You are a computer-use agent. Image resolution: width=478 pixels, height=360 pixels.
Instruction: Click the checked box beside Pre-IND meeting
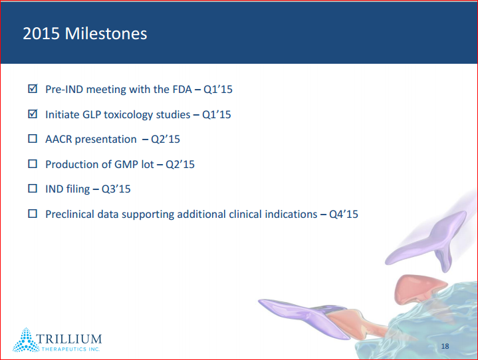pos(33,88)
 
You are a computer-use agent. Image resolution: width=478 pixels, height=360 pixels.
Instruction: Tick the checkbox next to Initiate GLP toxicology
pos(33,114)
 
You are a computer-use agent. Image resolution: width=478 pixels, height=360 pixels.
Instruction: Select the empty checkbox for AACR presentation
pos(33,139)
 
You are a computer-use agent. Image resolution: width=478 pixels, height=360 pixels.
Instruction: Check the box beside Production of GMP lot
pos(33,164)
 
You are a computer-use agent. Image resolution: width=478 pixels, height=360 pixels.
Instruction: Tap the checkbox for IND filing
pos(33,189)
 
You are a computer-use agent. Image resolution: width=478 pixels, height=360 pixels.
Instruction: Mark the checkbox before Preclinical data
pos(33,214)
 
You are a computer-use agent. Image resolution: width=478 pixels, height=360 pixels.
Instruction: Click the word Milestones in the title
pos(106,33)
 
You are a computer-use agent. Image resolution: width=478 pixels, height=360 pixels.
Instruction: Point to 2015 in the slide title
pos(41,33)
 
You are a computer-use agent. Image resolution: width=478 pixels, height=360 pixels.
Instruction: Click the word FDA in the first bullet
pos(182,89)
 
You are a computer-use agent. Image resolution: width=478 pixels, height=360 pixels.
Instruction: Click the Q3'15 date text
pos(116,189)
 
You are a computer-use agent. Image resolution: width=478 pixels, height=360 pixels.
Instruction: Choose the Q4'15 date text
pos(344,215)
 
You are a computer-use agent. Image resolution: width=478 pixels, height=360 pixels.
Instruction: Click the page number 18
pos(445,346)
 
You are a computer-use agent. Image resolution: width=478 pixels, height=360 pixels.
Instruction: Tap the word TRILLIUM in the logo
pos(69,339)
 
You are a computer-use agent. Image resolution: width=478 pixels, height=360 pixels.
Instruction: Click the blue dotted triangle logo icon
pos(26,340)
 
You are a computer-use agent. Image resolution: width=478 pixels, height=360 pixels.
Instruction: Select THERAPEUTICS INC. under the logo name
pos(70,349)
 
